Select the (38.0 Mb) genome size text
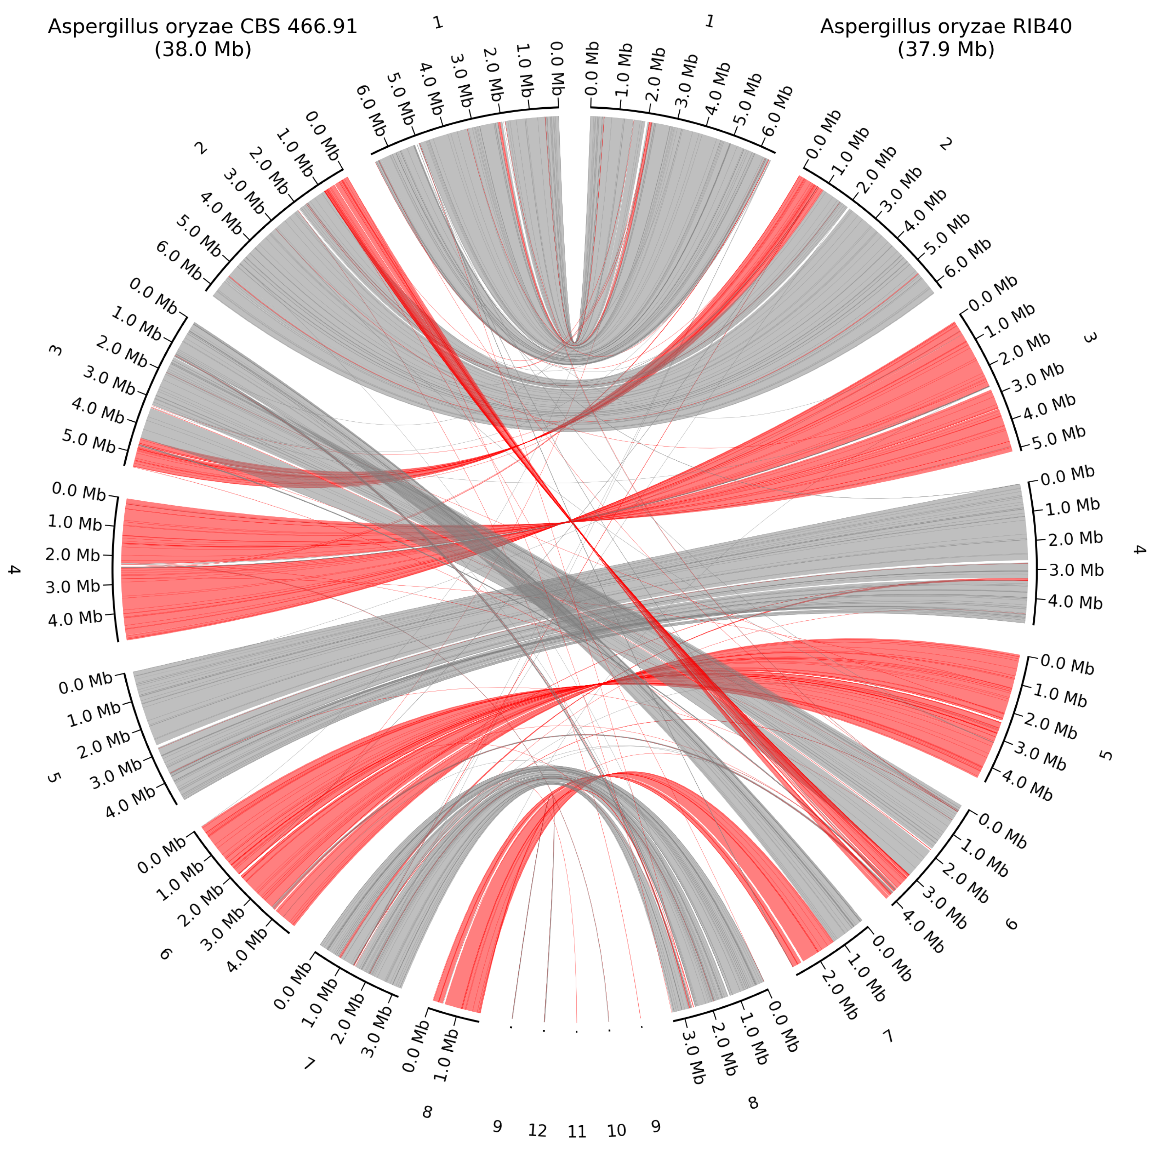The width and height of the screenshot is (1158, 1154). [x=202, y=49]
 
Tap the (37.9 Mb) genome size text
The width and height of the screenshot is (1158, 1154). [x=946, y=49]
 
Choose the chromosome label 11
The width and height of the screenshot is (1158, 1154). [x=577, y=1132]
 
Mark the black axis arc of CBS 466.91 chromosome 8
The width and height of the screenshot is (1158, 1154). [x=454, y=1014]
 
